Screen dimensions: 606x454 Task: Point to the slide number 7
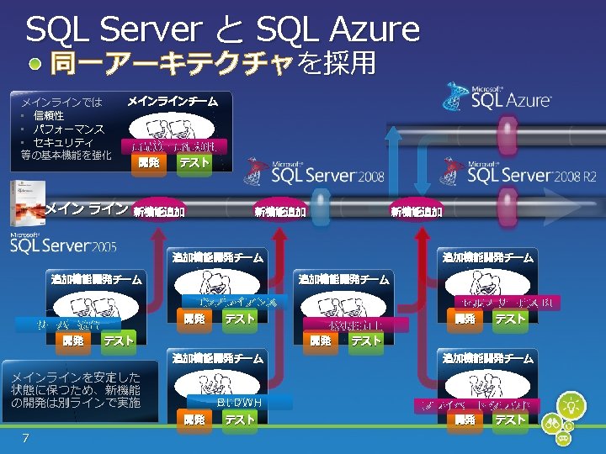coord(26,437)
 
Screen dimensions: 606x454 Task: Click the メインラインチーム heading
coord(173,102)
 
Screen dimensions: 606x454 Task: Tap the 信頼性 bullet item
coord(49,116)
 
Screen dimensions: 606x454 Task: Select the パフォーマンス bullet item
coord(68,129)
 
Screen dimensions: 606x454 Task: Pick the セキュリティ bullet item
coord(62,143)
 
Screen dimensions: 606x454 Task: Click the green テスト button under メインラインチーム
coord(194,162)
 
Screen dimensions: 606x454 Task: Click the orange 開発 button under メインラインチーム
coord(148,162)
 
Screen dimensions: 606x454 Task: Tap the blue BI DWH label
coord(239,402)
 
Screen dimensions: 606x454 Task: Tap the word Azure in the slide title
coord(370,30)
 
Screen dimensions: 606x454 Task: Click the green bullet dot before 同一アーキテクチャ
coord(35,64)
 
